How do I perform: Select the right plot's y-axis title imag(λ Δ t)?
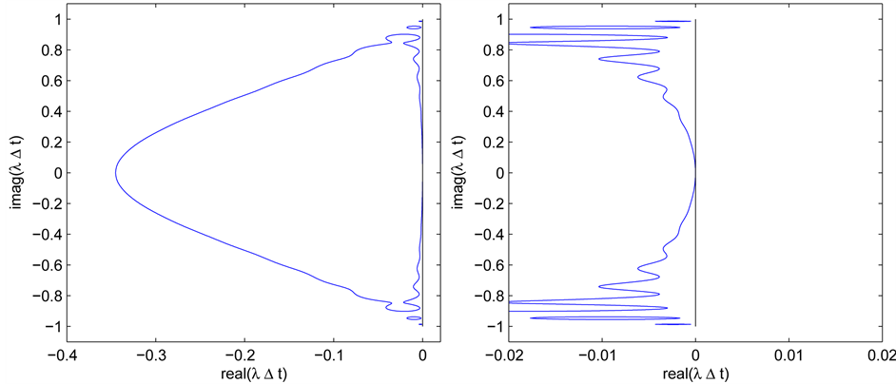[x=460, y=173]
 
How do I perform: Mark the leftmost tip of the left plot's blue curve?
[x=116, y=173]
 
